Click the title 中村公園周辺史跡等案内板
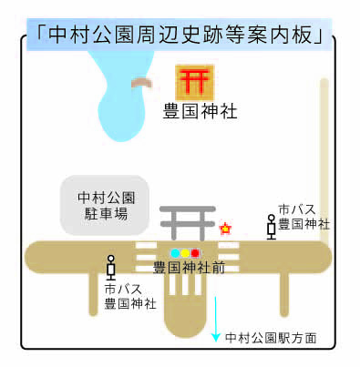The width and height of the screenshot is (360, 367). [180, 35]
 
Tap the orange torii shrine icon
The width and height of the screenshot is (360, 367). [193, 81]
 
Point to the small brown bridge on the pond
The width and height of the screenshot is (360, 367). [142, 84]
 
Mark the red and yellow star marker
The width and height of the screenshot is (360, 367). [224, 228]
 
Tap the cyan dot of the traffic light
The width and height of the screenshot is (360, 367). [174, 252]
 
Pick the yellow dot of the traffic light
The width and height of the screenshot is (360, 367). [184, 252]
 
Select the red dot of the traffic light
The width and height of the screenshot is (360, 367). [194, 252]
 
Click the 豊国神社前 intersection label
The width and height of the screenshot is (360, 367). [189, 269]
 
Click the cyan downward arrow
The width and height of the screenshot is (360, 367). [216, 319]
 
